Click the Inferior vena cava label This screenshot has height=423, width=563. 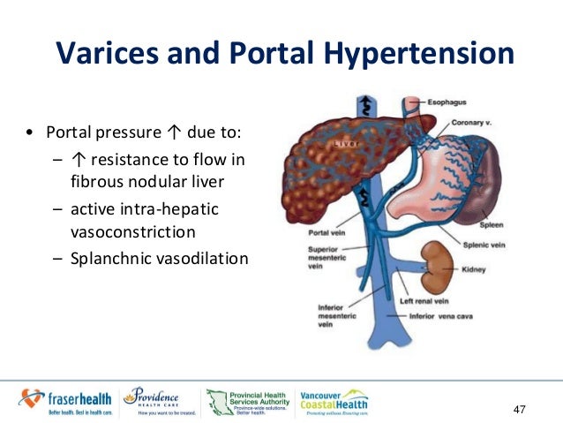[x=447, y=315]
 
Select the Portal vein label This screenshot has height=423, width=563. [x=317, y=235]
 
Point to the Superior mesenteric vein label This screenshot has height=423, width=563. [x=317, y=260]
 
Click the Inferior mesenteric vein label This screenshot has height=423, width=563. [x=317, y=317]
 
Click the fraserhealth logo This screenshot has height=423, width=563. [x=65, y=400]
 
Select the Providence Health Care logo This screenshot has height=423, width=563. [x=159, y=400]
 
